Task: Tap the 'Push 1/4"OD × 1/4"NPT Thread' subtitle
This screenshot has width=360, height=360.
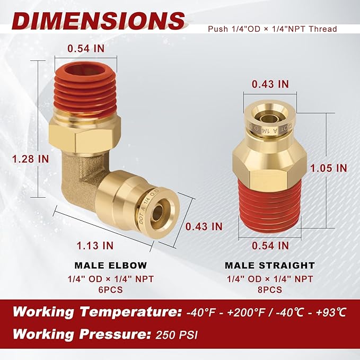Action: tap(272, 29)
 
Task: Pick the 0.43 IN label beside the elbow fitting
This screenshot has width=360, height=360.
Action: tap(204, 226)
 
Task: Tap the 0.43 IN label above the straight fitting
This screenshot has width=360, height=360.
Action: tap(270, 84)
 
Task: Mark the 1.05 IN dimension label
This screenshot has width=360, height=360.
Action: tap(329, 168)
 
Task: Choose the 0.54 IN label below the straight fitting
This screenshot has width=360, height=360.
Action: tap(270, 245)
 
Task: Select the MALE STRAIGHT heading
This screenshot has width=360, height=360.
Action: tap(269, 265)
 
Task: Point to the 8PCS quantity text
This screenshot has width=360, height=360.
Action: tap(269, 289)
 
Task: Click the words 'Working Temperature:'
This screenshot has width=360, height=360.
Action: tap(96, 312)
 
